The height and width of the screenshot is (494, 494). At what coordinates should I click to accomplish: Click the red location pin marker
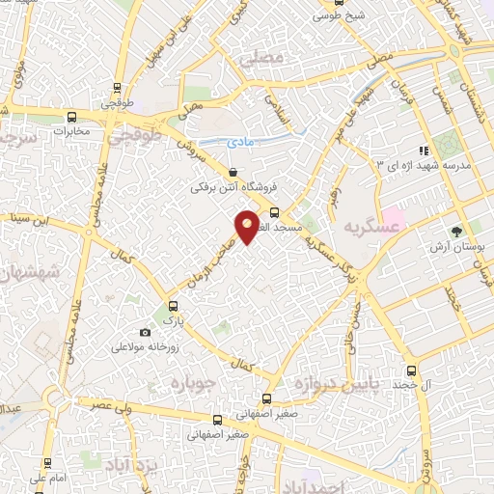248,226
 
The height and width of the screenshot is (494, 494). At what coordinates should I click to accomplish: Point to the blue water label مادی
240,142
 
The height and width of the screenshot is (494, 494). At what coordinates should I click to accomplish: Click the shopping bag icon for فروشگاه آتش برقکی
233,172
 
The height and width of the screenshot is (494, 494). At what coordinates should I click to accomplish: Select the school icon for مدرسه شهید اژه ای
423,150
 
